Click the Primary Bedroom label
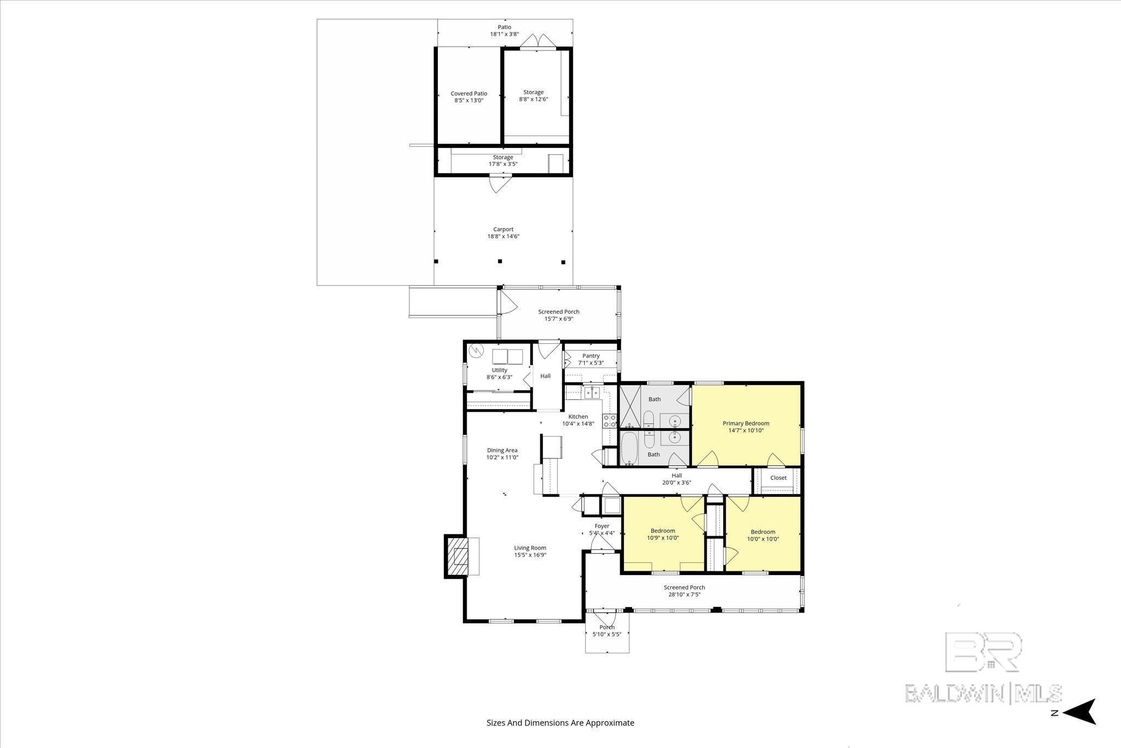(x=746, y=423)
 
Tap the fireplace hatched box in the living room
(x=459, y=556)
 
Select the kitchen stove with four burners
(x=610, y=421)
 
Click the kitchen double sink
(x=591, y=392)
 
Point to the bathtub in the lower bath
(x=629, y=448)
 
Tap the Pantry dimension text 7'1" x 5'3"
(x=591, y=363)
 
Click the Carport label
(x=503, y=229)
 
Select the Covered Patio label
(x=469, y=94)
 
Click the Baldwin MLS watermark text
(x=984, y=693)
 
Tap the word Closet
(x=778, y=477)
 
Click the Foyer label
(x=602, y=526)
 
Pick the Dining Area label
(x=502, y=451)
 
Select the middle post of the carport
(x=500, y=261)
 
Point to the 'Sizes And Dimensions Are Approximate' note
(x=560, y=723)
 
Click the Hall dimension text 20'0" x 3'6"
(x=677, y=483)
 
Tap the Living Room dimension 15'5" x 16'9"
(x=530, y=555)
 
